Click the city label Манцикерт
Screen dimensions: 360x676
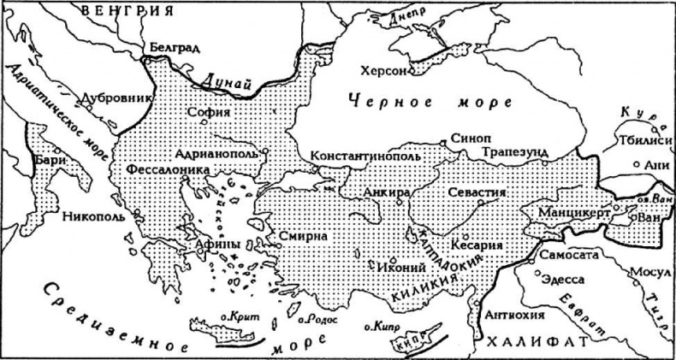(574, 211)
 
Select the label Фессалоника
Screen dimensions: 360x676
(168, 170)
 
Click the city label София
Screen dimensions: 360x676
(212, 111)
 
